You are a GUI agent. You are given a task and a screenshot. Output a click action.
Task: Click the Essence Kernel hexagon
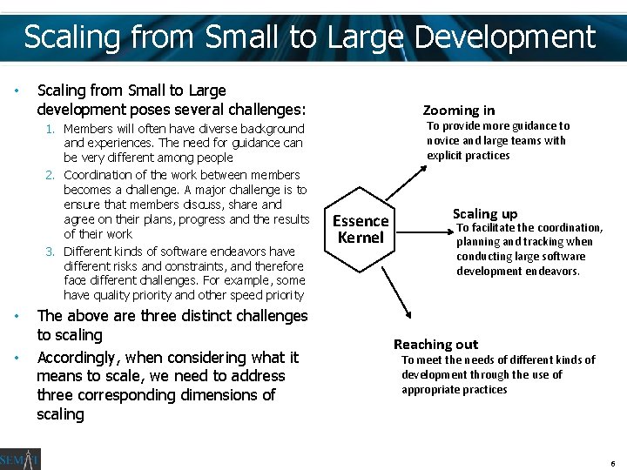(361, 229)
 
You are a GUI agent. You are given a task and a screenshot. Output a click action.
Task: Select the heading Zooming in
(458, 110)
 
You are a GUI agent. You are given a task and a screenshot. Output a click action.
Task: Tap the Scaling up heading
(484, 213)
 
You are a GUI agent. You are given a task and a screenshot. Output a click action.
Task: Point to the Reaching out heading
(435, 344)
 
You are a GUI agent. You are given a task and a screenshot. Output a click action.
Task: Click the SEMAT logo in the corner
(19, 459)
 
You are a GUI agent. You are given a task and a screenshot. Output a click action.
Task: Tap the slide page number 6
(613, 462)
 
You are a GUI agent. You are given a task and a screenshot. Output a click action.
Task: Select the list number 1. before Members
(51, 129)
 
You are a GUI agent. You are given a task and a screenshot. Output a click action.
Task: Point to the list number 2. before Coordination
(51, 174)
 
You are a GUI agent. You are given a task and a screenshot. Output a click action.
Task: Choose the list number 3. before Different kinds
(51, 252)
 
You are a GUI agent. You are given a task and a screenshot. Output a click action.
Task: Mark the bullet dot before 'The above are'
(17, 316)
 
